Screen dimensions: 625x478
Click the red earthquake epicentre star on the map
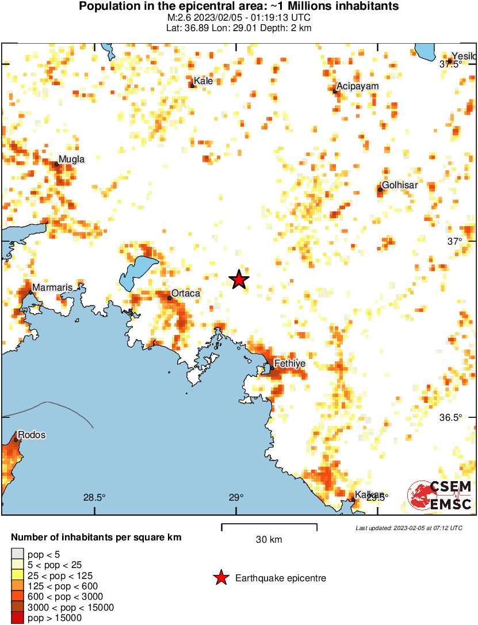pos(239,280)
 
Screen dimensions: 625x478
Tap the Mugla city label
pos(72,159)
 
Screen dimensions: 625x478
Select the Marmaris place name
pos(52,287)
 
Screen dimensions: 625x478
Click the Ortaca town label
pos(186,294)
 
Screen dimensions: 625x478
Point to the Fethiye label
pos(290,364)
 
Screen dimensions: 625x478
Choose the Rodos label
pos(32,435)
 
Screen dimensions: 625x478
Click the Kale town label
pos(204,81)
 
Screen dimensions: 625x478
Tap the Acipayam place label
pos(358,86)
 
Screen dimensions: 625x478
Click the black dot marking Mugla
pos(56,164)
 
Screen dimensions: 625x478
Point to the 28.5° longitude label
pos(94,497)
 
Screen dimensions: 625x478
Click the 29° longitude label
pos(236,497)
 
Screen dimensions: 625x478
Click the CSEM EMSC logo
pos(439,495)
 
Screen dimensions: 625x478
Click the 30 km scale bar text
pos(269,540)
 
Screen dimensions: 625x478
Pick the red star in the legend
pos(221,578)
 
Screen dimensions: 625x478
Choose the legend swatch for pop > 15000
pos(18,618)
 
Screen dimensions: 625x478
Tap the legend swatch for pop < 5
pos(18,555)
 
